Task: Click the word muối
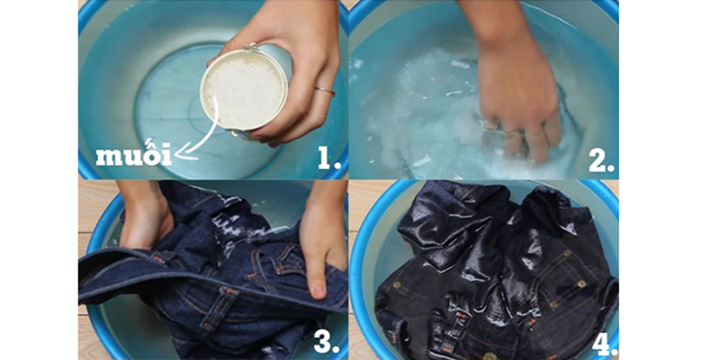click(133, 155)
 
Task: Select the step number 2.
click(602, 159)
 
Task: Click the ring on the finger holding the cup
click(325, 92)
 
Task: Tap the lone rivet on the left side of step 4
click(397, 284)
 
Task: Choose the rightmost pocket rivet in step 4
click(581, 283)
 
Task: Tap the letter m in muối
click(106, 157)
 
